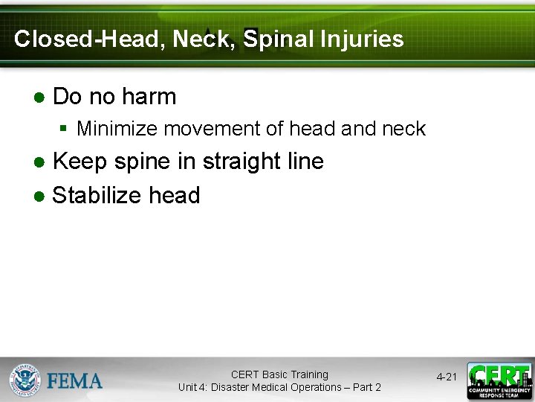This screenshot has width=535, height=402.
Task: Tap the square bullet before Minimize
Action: pyautogui.click(x=65, y=129)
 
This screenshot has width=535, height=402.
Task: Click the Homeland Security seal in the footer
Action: pyautogui.click(x=25, y=380)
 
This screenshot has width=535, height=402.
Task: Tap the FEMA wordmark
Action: pyautogui.click(x=75, y=381)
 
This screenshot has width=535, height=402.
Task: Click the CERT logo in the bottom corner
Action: pyautogui.click(x=499, y=380)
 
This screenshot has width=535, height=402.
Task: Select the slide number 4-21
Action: pyautogui.click(x=447, y=377)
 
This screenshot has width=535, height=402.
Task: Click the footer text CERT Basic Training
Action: pyautogui.click(x=279, y=374)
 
